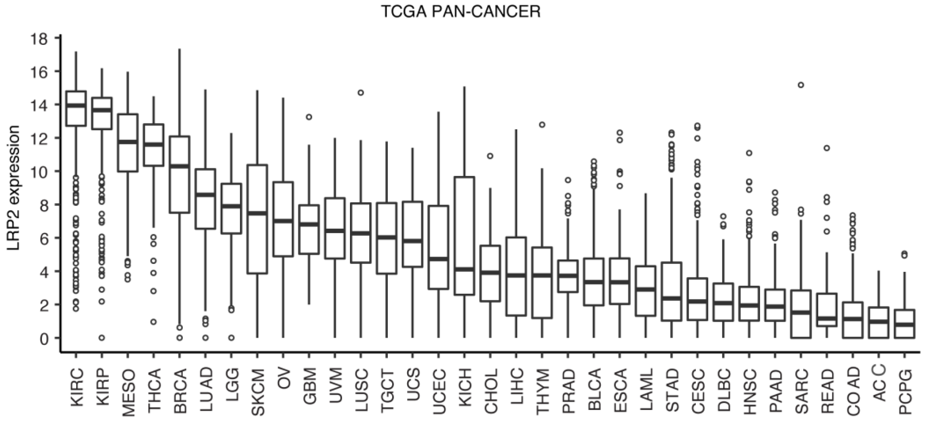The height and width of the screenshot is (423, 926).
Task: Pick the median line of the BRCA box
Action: [179, 166]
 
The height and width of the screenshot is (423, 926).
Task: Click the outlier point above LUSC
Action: [361, 93]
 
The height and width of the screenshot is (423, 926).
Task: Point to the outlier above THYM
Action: [542, 124]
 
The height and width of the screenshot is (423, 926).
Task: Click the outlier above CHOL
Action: [490, 156]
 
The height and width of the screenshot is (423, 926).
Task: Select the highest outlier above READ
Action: [826, 148]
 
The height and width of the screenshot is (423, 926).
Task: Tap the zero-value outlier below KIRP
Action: [102, 337]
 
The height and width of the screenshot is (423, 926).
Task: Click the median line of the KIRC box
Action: [76, 105]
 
